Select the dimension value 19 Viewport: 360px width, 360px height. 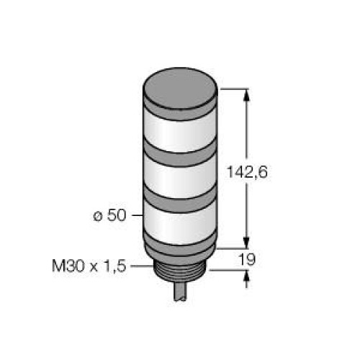tap(267, 257)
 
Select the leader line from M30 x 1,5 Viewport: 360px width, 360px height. tap(139, 266)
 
